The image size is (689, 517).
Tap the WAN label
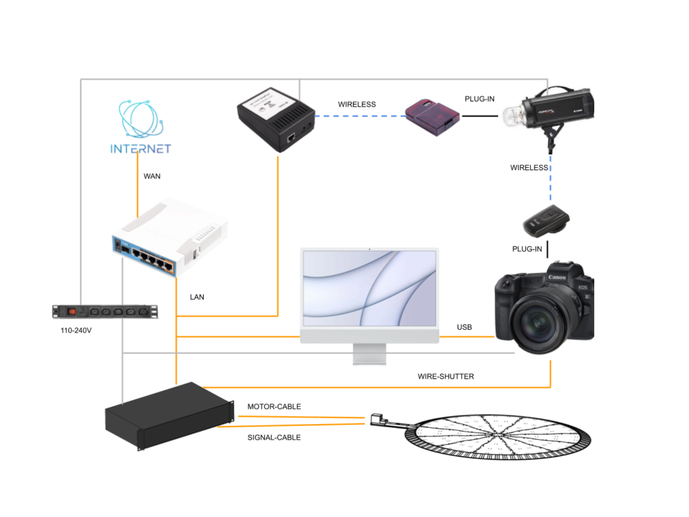point(152,176)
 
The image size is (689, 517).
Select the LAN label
point(197,297)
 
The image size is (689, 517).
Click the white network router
point(170,237)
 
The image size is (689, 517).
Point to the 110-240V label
point(76,330)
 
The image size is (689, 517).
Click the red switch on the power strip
point(72,311)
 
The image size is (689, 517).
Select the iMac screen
point(369,288)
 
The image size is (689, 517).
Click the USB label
point(464,327)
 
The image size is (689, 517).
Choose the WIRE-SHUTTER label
point(446,376)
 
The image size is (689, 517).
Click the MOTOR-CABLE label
point(274,406)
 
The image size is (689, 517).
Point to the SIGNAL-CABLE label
point(274,437)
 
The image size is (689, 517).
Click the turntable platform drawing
point(497,436)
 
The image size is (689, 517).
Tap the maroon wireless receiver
point(432,117)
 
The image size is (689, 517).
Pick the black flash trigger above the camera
point(546,220)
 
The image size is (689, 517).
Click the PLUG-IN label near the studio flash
point(479,99)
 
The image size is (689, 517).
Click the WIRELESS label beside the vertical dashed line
point(529,168)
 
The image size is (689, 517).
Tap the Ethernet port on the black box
point(291,138)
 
